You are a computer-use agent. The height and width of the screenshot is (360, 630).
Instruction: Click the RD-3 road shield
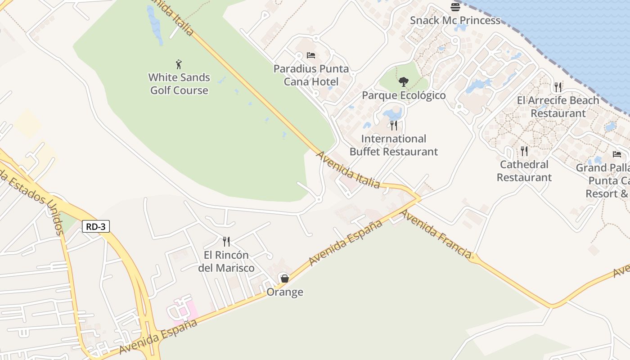pyautogui.click(x=96, y=226)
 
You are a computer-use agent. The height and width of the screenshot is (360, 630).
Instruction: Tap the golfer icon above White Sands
pyautogui.click(x=179, y=64)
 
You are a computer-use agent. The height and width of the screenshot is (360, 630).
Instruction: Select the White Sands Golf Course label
pyautogui.click(x=180, y=84)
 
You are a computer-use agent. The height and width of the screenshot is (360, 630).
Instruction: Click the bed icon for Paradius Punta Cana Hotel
pyautogui.click(x=310, y=55)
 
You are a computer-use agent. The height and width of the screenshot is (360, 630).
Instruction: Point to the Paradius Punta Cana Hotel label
pyautogui.click(x=311, y=75)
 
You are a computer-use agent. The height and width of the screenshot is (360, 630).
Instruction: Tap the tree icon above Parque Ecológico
pyautogui.click(x=404, y=82)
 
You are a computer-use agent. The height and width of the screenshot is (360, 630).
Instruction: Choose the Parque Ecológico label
pyautogui.click(x=404, y=95)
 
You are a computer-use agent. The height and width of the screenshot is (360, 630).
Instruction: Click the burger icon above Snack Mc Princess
pyautogui.click(x=455, y=7)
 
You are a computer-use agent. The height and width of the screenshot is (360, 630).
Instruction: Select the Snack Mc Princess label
pyautogui.click(x=455, y=21)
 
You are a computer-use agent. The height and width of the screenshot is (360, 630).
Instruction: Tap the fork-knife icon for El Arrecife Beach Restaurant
pyautogui.click(x=558, y=87)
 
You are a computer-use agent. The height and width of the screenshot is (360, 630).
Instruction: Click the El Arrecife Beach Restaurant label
pyautogui.click(x=558, y=107)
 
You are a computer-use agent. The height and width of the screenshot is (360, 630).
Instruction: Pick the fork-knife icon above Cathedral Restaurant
pyautogui.click(x=524, y=151)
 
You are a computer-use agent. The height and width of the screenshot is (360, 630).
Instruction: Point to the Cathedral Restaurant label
pyautogui.click(x=524, y=171)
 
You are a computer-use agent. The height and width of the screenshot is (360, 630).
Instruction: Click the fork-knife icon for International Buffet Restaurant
pyautogui.click(x=394, y=125)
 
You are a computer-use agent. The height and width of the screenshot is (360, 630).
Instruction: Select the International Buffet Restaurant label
pyautogui.click(x=394, y=145)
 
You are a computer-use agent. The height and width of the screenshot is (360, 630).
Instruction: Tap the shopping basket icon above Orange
pyautogui.click(x=284, y=279)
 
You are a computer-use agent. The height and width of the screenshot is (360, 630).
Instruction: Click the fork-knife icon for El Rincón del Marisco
pyautogui.click(x=226, y=242)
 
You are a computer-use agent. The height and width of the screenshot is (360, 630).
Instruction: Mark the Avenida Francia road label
pyautogui.click(x=435, y=233)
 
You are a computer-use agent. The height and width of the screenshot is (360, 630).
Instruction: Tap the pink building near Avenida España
pyautogui.click(x=183, y=310)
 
